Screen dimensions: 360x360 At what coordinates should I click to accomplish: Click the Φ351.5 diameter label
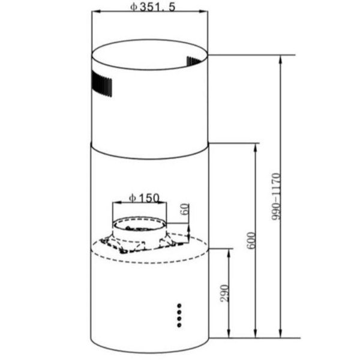tap(151, 8)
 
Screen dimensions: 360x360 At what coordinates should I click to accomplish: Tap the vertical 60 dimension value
tap(185, 211)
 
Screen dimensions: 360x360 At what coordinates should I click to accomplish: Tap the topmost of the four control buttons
tap(179, 305)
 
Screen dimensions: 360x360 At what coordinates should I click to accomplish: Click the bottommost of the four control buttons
tap(179, 325)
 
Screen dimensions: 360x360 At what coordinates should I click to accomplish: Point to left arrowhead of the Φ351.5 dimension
tap(94, 14)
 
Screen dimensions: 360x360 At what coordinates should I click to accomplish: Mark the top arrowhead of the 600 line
tap(257, 147)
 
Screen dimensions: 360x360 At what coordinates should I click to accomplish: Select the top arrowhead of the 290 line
tap(230, 251)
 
